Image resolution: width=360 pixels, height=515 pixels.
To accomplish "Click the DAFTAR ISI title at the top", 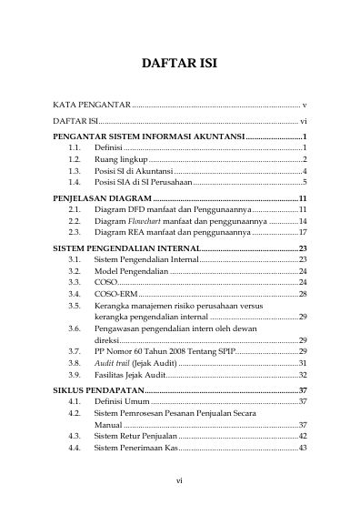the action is point(179,65).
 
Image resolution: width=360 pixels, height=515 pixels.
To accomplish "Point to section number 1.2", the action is point(75,158).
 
